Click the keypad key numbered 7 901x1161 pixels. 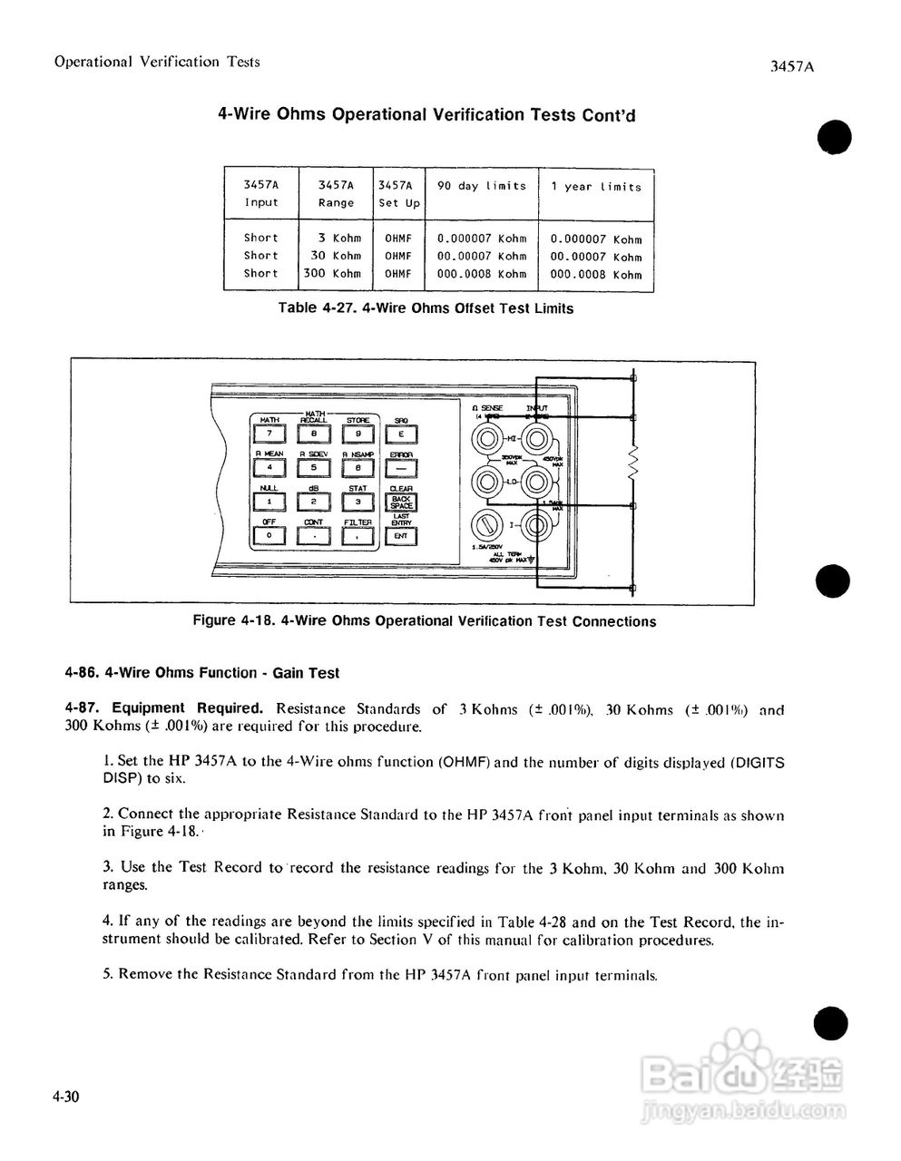(269, 434)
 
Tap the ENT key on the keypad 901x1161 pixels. (401, 536)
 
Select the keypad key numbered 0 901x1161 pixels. (269, 536)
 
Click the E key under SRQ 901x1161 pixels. (401, 434)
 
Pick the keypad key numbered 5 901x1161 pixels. (313, 468)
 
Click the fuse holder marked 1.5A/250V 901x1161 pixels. (486, 525)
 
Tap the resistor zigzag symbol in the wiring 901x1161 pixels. (633, 464)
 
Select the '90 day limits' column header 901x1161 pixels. (481, 186)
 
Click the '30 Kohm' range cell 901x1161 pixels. (335, 256)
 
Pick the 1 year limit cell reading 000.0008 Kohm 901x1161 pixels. (595, 274)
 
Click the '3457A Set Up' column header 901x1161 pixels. (399, 194)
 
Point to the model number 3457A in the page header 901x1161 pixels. (788, 66)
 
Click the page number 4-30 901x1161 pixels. (66, 1097)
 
